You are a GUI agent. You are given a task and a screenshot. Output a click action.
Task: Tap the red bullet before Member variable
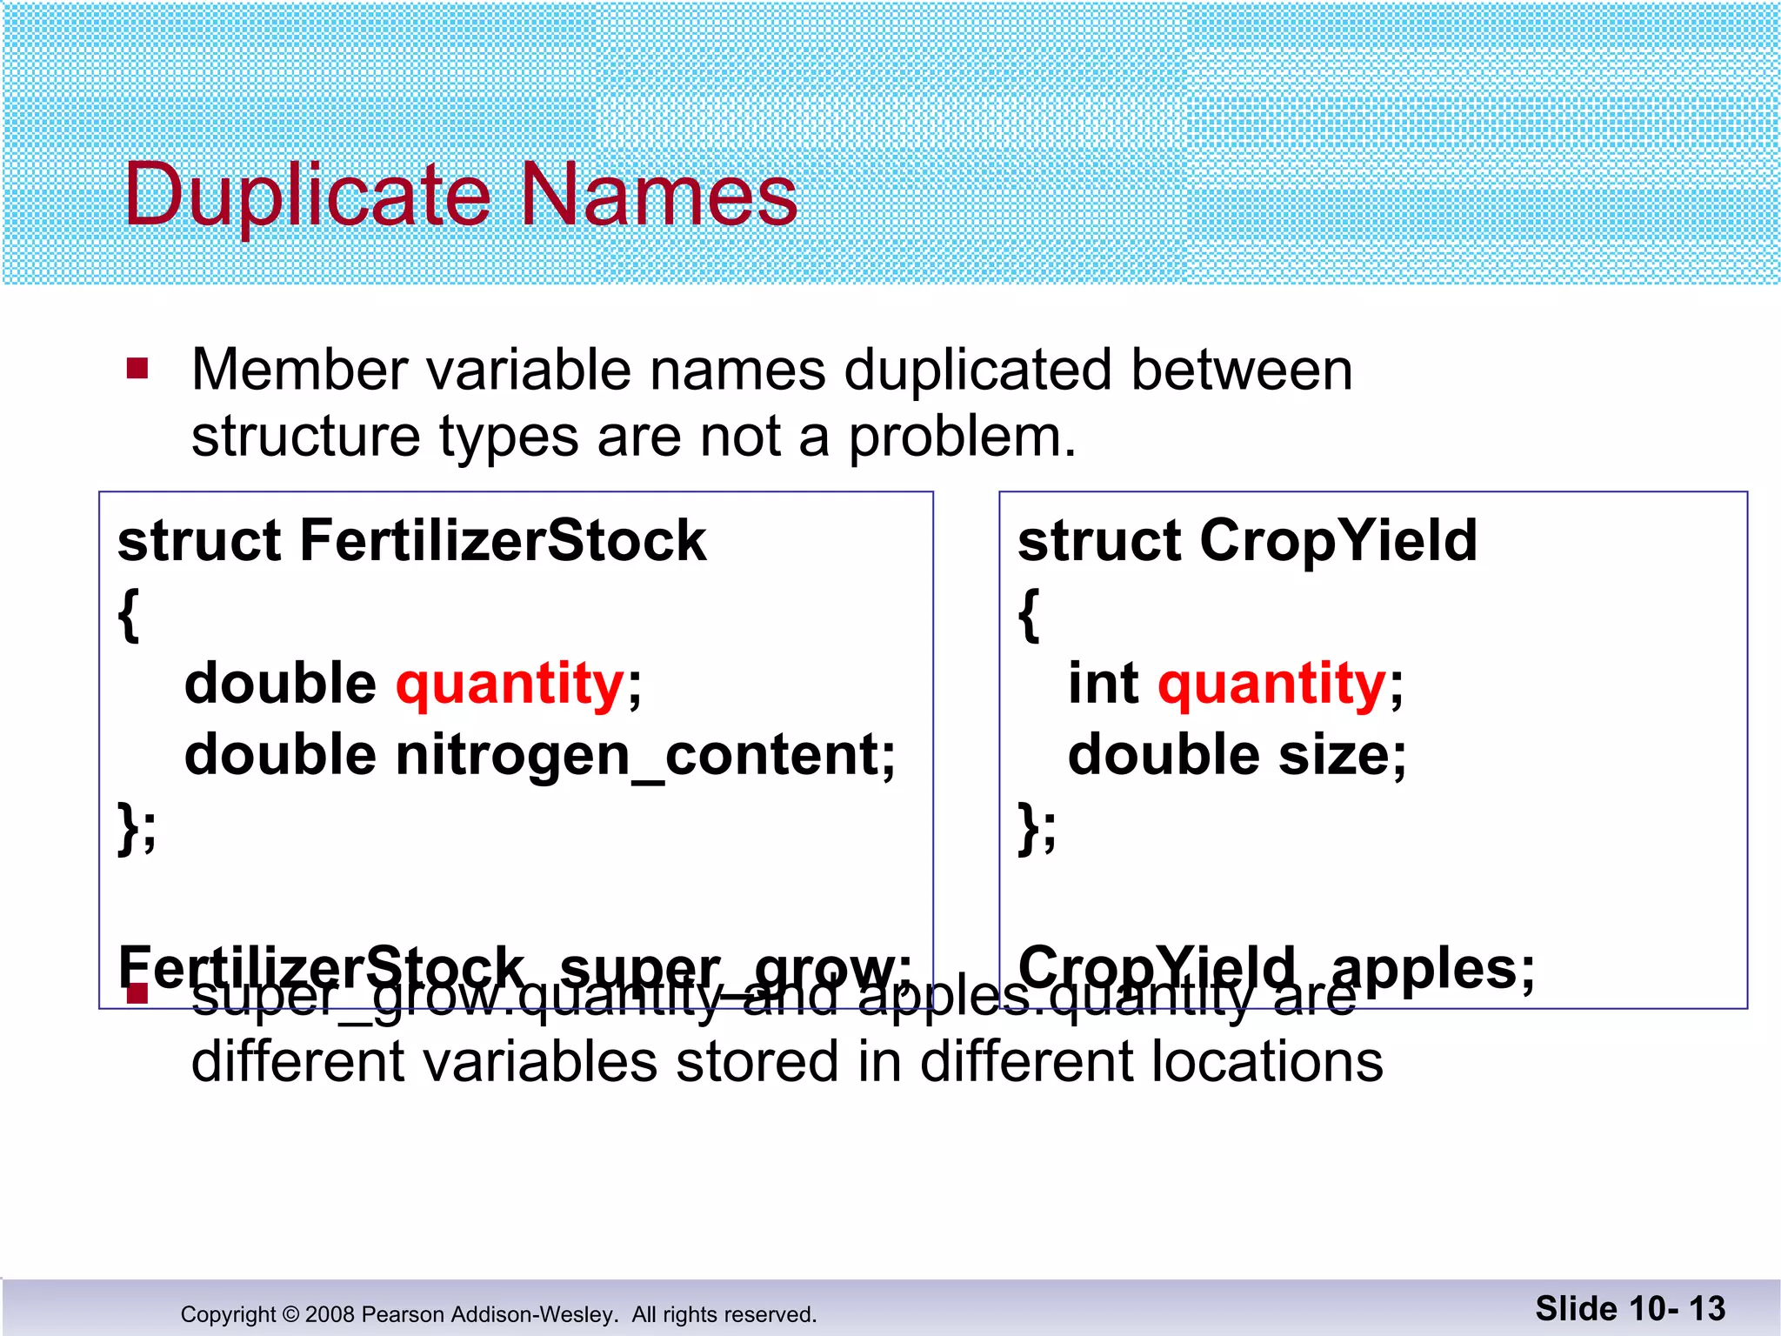click(137, 369)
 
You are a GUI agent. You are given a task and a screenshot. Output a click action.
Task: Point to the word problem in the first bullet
click(961, 437)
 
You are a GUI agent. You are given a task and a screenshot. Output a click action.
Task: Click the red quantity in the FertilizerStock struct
click(510, 684)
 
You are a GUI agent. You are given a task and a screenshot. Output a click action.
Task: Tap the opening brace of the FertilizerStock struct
click(129, 614)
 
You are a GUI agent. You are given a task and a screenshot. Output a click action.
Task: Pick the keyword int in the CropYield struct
click(1103, 684)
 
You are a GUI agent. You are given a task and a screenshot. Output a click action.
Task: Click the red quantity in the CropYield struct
click(1271, 684)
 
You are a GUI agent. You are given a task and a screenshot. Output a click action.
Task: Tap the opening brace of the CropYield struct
click(1029, 614)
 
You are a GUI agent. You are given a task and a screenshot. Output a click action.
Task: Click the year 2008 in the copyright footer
click(330, 1314)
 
